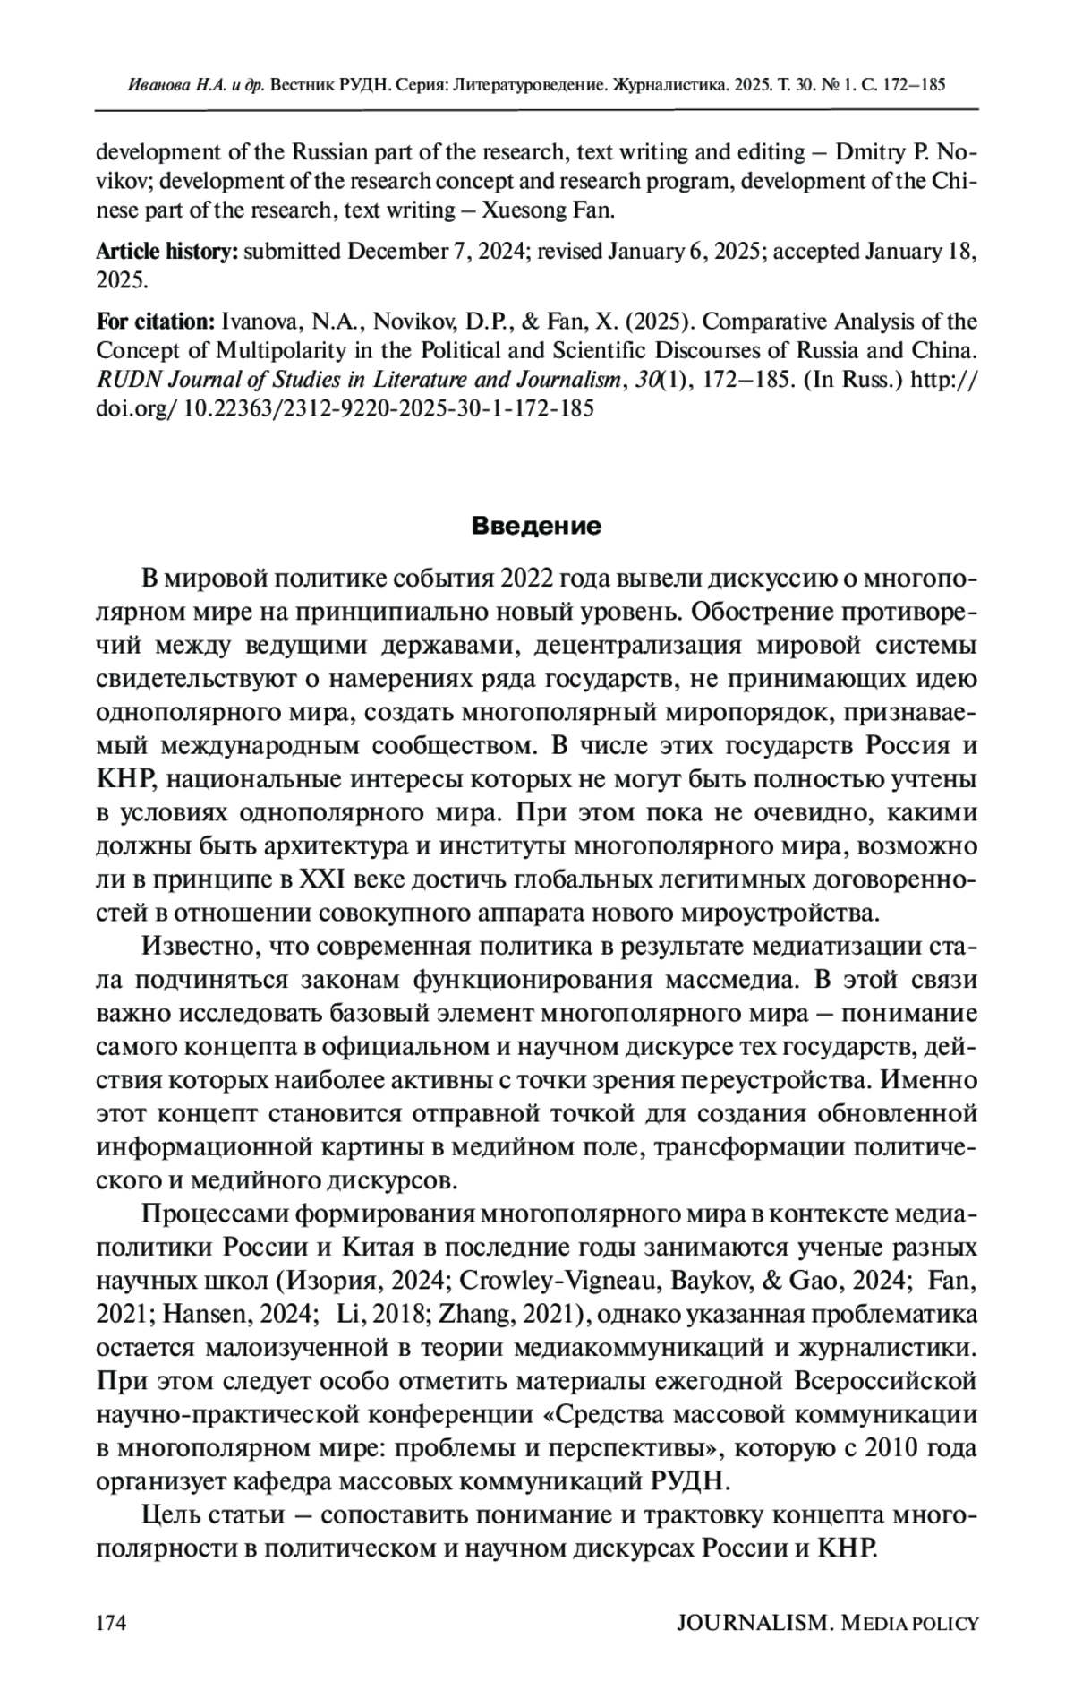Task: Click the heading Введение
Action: [x=536, y=526]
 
